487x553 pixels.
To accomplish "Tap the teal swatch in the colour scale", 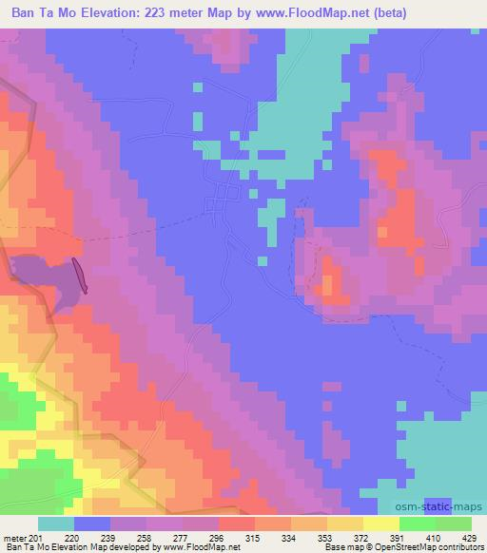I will tap(56, 524).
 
